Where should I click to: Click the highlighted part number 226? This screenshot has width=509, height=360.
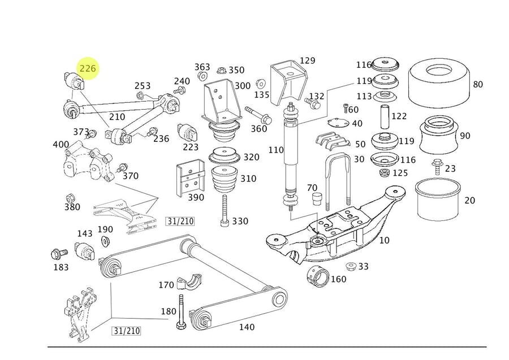coord(88,68)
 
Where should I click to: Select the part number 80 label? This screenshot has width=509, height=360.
coord(478,85)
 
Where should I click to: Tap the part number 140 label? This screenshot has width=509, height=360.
coord(247,327)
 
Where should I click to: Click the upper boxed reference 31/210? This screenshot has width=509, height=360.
coord(180,221)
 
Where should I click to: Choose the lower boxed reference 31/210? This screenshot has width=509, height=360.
coord(126,331)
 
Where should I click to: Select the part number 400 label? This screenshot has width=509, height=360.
coord(61,145)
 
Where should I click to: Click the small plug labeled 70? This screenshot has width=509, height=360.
coord(318,198)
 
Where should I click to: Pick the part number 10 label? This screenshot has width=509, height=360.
coord(384,240)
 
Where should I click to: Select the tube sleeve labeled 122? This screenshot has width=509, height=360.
coord(383,117)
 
